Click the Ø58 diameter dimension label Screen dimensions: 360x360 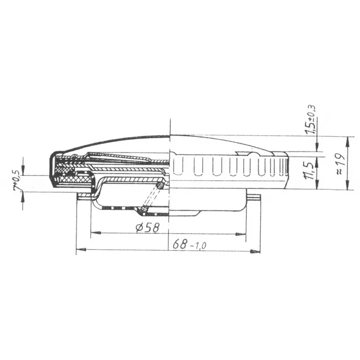pyautogui.click(x=147, y=228)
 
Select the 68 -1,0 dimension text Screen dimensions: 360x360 pyautogui.click(x=189, y=244)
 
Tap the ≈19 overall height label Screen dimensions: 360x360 pyautogui.click(x=341, y=164)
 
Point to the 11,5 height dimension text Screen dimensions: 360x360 pyautogui.click(x=309, y=171)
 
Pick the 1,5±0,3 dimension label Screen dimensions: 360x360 pyautogui.click(x=310, y=120)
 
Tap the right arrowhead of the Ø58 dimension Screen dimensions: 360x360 pyautogui.click(x=241, y=234)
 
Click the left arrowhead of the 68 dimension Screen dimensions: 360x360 pyautogui.click(x=81, y=249)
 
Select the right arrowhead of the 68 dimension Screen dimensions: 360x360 pyautogui.click(x=255, y=252)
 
